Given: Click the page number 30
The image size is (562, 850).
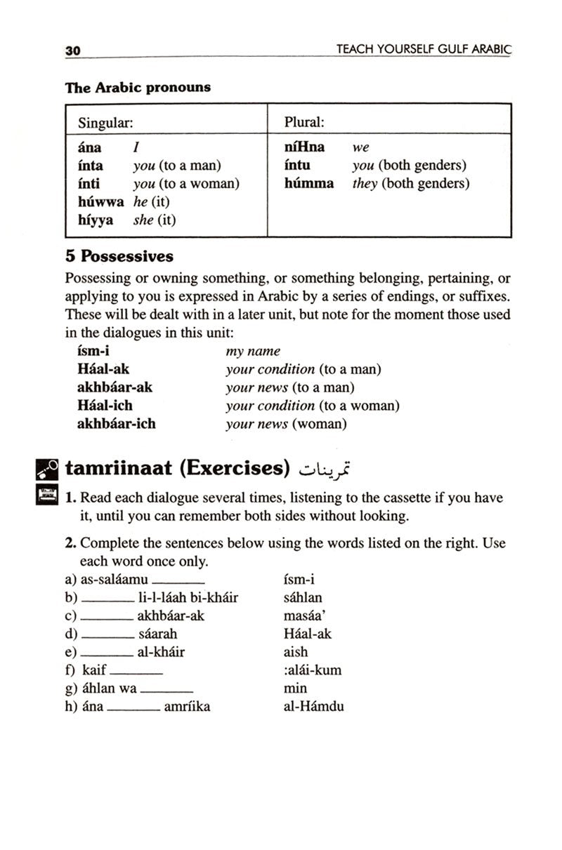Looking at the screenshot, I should (x=73, y=51).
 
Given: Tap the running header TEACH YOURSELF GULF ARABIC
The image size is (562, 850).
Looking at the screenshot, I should (x=424, y=50).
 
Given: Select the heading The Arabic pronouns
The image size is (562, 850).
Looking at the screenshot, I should (x=138, y=88).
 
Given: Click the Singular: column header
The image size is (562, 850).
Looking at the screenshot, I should (x=105, y=121).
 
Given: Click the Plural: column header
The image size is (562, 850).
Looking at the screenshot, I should (x=303, y=121).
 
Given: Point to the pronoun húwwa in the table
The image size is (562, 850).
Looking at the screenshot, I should (x=101, y=201).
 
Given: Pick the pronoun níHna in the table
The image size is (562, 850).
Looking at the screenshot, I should (x=304, y=147).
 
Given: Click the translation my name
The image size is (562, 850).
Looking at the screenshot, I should (x=253, y=351).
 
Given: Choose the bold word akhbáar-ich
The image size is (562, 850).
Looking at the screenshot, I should (x=116, y=424).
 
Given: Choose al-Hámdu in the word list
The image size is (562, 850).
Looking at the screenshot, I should (x=313, y=707).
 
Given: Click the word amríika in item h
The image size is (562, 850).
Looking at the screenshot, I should (x=186, y=707).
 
